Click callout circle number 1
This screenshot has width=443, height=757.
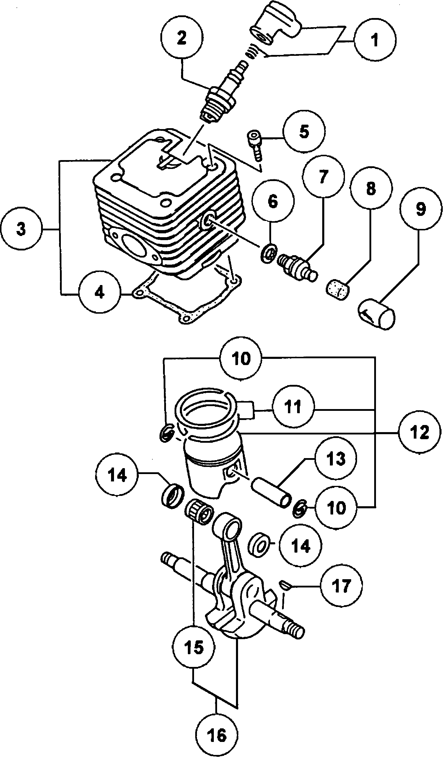click(375, 40)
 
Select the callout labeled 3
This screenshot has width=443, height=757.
click(21, 229)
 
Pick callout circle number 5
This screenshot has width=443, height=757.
click(304, 131)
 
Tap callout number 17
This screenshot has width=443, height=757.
click(341, 586)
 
